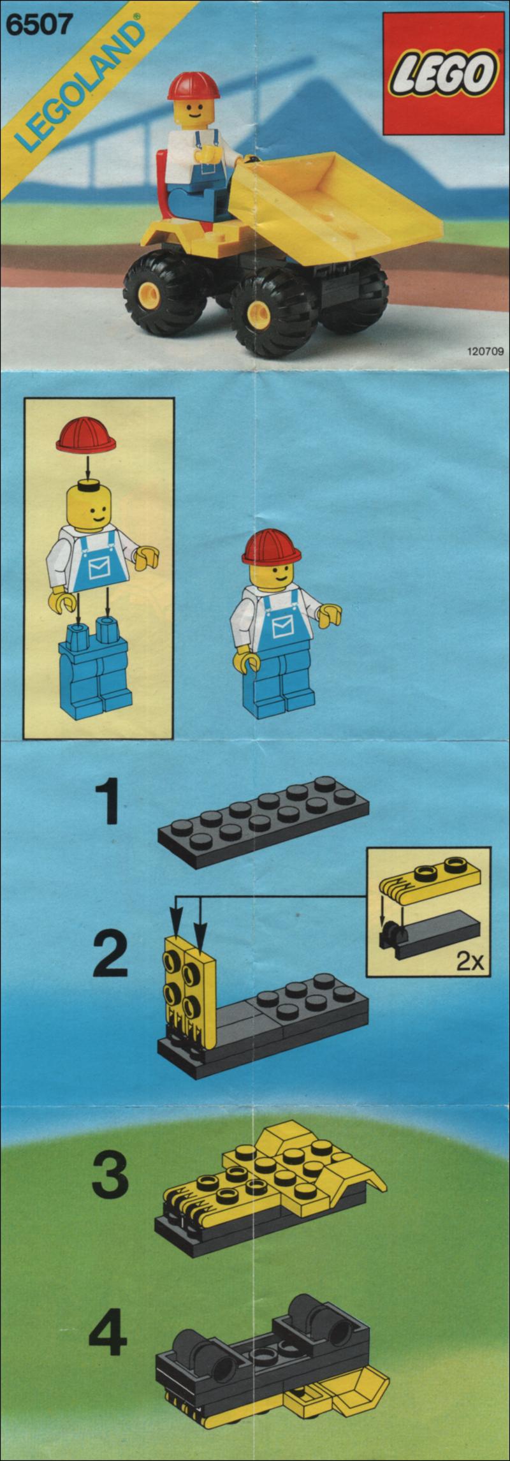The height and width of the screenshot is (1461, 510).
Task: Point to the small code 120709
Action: [x=485, y=350]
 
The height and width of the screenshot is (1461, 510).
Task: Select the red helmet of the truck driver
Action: [x=193, y=86]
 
